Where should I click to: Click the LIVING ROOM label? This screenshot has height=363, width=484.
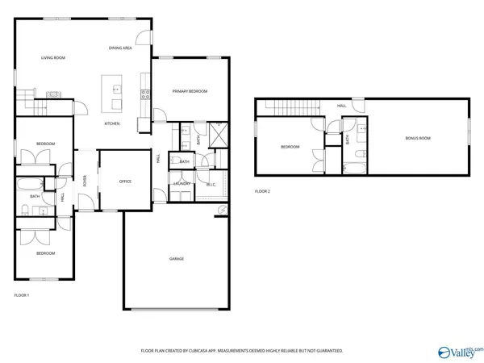click(53, 58)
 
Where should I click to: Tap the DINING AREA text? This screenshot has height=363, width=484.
click(120, 48)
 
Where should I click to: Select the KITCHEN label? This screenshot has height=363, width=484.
click(112, 123)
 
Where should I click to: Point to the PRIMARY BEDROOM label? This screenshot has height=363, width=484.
click(190, 91)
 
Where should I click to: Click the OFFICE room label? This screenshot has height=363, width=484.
click(125, 181)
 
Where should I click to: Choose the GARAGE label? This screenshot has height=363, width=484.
click(176, 258)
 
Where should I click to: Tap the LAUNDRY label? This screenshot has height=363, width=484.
click(182, 184)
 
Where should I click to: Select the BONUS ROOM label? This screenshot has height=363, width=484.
click(417, 139)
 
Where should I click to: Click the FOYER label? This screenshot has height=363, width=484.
click(86, 181)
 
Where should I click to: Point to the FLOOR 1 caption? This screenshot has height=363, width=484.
click(22, 295)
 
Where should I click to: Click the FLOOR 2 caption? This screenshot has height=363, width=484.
click(263, 191)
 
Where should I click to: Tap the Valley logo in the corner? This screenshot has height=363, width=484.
click(458, 352)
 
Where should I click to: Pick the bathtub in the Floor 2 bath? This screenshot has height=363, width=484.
click(353, 168)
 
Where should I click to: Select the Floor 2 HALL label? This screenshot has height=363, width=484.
click(342, 106)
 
